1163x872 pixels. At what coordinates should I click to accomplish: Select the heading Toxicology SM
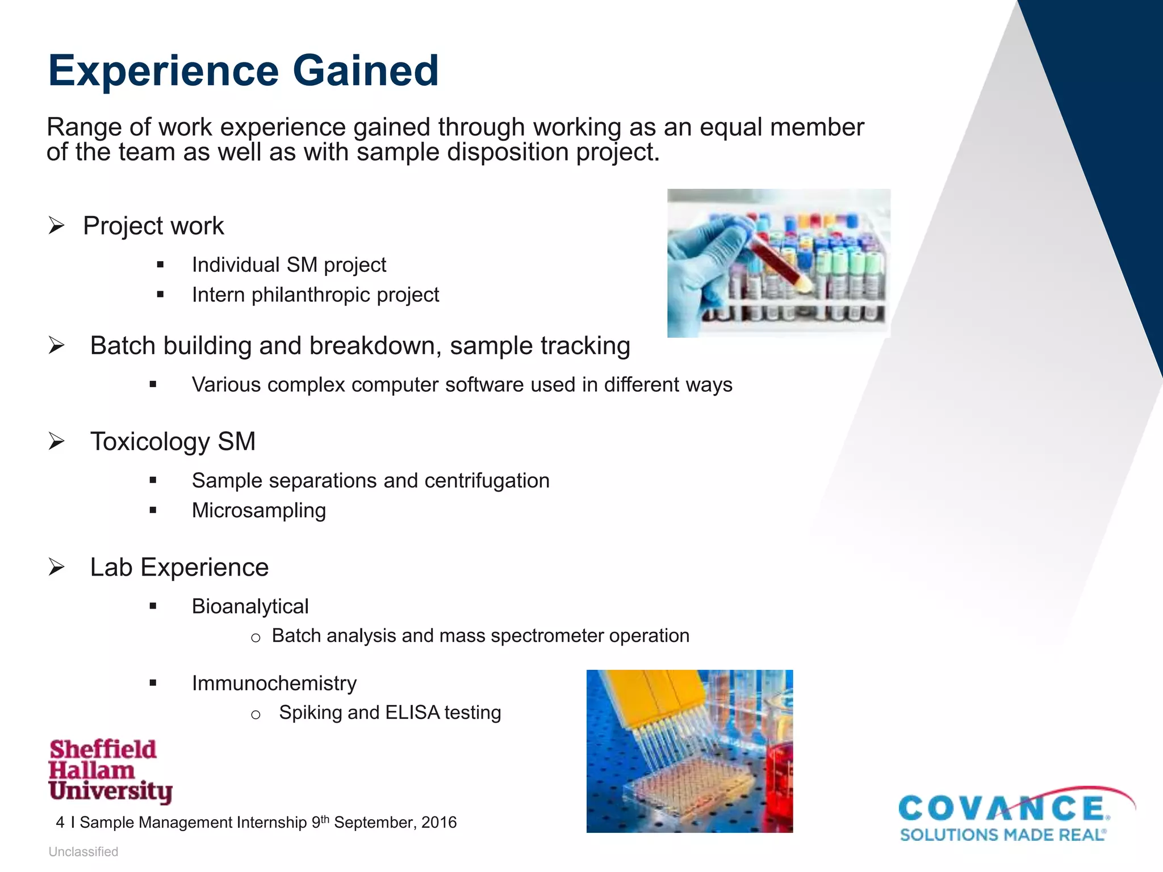point(173,442)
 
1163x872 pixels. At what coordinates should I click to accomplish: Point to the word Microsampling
point(259,510)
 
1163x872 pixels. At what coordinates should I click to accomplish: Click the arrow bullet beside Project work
point(56,226)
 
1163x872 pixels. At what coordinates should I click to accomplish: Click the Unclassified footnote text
point(83,852)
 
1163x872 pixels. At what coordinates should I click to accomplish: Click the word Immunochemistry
point(274,683)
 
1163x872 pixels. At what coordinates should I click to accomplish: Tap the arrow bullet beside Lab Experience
point(56,567)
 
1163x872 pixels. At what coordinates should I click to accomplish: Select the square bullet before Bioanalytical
point(153,606)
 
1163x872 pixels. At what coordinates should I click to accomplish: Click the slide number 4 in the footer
point(60,823)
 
